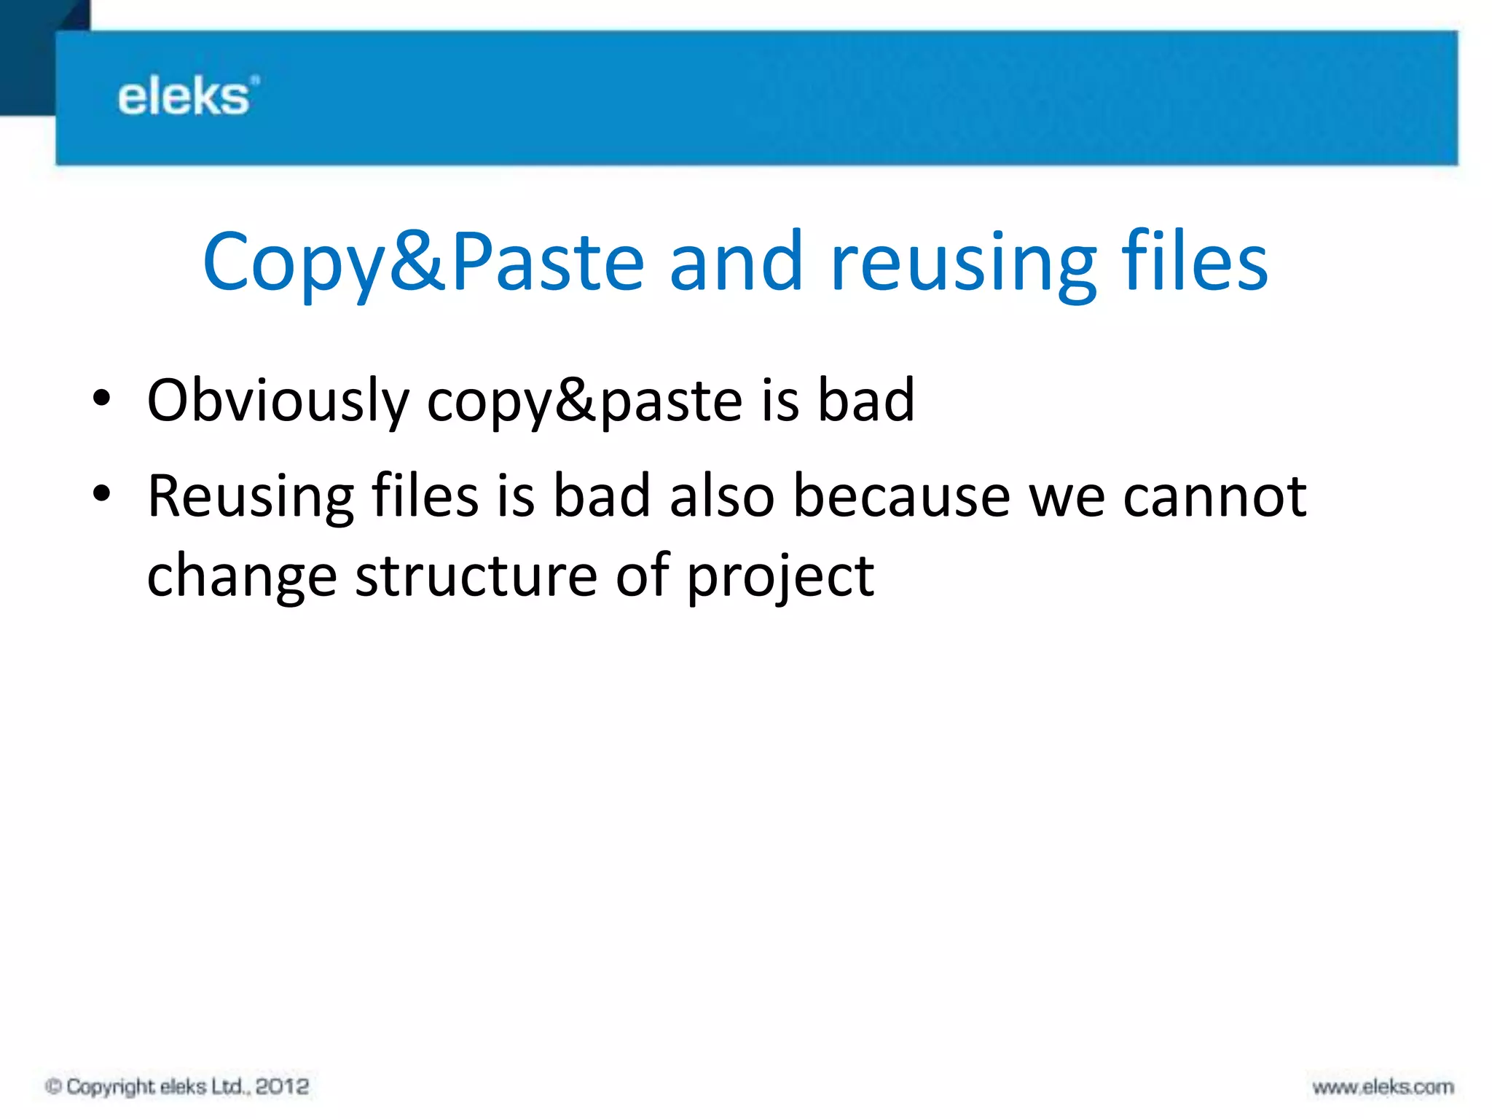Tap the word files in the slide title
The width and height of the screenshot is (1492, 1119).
click(1194, 261)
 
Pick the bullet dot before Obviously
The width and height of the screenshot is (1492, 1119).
click(101, 399)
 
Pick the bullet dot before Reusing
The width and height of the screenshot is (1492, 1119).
click(101, 494)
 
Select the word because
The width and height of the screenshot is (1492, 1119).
click(902, 497)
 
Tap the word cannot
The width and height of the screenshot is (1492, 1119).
click(1214, 497)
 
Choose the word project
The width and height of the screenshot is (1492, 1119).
click(780, 577)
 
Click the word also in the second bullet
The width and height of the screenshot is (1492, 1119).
click(722, 497)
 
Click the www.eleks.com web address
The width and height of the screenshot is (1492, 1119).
click(1383, 1088)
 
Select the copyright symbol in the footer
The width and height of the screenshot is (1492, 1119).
click(53, 1087)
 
